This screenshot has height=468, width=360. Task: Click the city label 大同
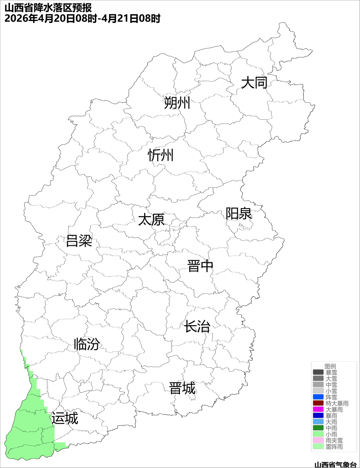tap(254, 83)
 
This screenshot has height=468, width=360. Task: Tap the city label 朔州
tap(177, 103)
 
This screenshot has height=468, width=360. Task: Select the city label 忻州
tap(161, 155)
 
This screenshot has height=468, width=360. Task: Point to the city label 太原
tap(151, 220)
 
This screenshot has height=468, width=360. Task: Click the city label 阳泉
tap(239, 214)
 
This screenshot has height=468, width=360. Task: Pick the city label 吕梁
tap(79, 241)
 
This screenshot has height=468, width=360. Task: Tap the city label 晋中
tap(200, 266)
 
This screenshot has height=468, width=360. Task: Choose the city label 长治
tap(197, 326)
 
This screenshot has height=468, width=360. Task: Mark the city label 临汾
tap(87, 344)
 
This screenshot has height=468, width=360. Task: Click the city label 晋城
tap(182, 388)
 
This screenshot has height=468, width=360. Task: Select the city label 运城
tap(65, 418)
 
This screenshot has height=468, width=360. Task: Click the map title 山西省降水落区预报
tap(48, 7)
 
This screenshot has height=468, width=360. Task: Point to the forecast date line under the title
tap(82, 18)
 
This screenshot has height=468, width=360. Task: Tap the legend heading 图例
tap(330, 366)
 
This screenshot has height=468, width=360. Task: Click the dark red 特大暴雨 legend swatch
tap(318, 403)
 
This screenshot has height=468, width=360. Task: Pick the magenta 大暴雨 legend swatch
tap(318, 409)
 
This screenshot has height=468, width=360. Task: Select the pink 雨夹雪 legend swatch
tap(318, 440)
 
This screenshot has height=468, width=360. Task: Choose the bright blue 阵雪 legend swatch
tap(318, 397)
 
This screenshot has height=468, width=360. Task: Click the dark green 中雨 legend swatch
tap(318, 428)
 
